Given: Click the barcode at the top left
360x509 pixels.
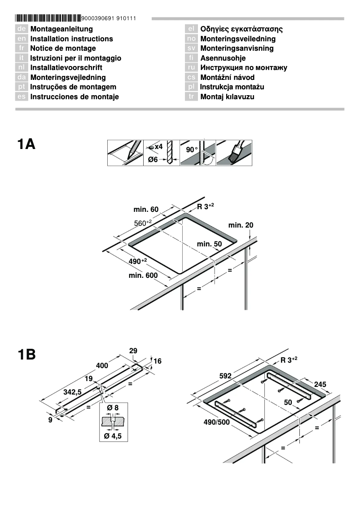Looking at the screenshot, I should coord(48,18).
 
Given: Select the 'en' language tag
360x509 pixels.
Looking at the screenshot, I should coord(22,39).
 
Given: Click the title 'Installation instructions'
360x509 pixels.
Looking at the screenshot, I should coord(71,39).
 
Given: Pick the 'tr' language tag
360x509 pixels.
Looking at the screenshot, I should coord(192,97).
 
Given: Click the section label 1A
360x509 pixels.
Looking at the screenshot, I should coord(26,145).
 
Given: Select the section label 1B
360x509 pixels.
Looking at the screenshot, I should coord(26,355).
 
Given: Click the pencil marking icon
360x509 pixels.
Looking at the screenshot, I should coord(125,153).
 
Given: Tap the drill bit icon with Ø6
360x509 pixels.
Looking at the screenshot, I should coord(161,153).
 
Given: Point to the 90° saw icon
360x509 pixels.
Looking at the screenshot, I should coord(198,153).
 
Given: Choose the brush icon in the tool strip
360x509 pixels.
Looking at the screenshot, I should coord(234,153).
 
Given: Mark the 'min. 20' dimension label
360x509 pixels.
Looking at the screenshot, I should coord(241,224).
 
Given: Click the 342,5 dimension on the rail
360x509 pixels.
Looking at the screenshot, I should coord(72,392).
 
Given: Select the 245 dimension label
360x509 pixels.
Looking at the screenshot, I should coord(320,384).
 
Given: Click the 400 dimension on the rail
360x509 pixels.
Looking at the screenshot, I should coord(102,366).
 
